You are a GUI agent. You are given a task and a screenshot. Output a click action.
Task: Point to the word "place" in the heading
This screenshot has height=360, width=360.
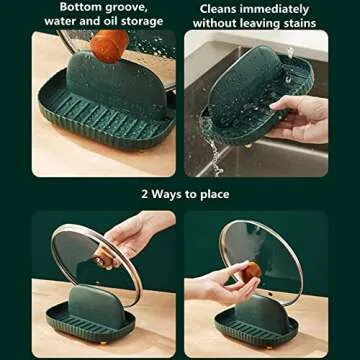coord(211,193)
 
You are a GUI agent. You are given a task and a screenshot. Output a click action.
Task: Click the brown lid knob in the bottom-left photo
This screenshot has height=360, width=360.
coord(104,259)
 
